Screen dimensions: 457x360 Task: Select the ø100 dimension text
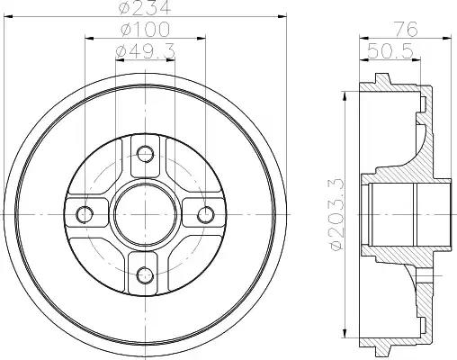[145, 30]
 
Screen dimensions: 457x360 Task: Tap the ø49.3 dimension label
[145, 51]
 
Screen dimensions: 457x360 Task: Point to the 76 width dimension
[406, 30]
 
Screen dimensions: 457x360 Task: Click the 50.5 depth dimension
[390, 51]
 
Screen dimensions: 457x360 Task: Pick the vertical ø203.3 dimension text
[336, 213]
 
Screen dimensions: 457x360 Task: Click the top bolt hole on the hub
[146, 154]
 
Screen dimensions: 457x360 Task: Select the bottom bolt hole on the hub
[145, 274]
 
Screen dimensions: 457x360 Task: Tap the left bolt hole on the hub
[85, 214]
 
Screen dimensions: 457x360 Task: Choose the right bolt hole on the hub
[206, 214]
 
